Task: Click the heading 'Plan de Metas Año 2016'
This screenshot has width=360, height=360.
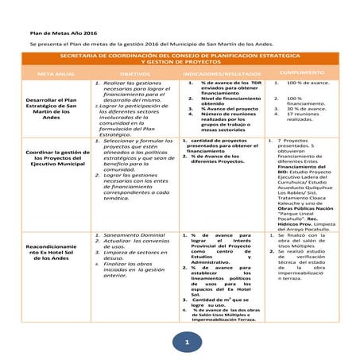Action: [62, 32]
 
